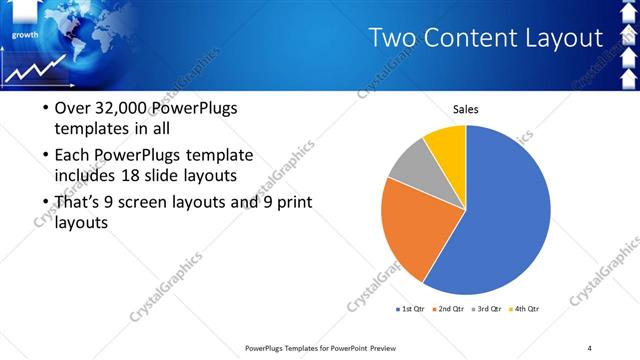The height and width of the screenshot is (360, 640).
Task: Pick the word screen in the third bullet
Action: click(x=177, y=203)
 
